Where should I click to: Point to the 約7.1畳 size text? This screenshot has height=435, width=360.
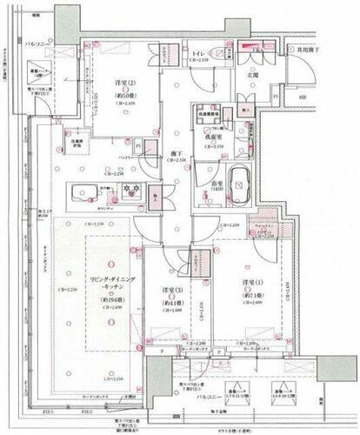click(x=254, y=292)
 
